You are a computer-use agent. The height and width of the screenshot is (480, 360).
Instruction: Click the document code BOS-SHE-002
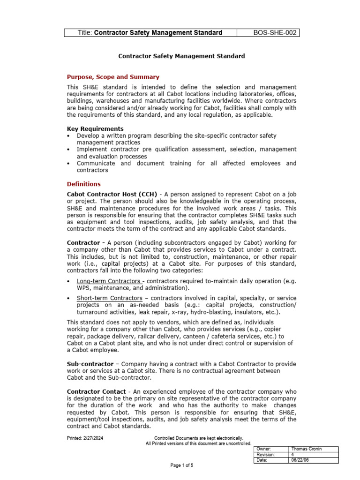point(275,33)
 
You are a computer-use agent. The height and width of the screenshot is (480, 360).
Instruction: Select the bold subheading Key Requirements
point(95,128)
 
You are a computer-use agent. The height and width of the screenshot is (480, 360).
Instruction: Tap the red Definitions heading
point(83,184)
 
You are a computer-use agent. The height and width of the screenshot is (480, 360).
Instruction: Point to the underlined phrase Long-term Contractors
point(102,281)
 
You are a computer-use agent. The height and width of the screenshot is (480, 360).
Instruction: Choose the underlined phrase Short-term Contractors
point(103,298)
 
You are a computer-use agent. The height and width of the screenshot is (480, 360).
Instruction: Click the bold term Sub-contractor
point(90,364)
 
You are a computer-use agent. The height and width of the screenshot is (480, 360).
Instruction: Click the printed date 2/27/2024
point(95,438)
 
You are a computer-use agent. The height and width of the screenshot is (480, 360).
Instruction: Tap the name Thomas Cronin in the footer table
point(307,449)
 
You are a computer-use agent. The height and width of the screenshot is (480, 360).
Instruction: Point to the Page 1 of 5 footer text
point(181,465)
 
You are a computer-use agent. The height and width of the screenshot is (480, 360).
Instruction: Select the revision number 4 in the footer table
point(293,455)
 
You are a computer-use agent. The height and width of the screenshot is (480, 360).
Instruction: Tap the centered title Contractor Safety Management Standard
point(181,56)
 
